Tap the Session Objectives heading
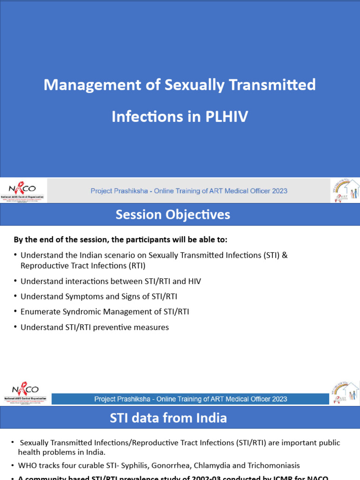173,215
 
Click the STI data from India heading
168,418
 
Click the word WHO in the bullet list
27,465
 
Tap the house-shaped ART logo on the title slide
345,190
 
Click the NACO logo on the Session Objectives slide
25,392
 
